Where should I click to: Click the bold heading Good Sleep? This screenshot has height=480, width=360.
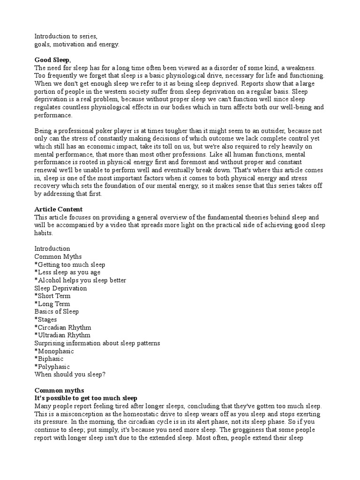tap(52, 60)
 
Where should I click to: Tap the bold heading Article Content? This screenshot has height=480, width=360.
tap(58, 209)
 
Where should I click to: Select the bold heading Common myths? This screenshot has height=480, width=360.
tap(59, 390)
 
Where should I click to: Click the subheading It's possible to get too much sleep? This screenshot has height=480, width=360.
tap(86, 398)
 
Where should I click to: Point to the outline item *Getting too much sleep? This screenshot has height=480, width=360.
tap(70, 264)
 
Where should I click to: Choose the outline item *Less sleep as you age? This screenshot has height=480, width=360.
tap(67, 272)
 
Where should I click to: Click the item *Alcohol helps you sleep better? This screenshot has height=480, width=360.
tap(80, 280)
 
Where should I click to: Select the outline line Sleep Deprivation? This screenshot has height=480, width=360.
tap(60, 288)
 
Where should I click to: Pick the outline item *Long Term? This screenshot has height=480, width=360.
tap(52, 304)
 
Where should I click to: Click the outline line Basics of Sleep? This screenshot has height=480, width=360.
tap(57, 312)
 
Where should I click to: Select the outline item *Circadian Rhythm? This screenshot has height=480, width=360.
tap(63, 328)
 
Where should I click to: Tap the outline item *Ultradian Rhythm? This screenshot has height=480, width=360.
tap(63, 335)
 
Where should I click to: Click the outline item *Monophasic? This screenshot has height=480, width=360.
tap(54, 351)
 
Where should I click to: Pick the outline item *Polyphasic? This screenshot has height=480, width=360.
tap(52, 367)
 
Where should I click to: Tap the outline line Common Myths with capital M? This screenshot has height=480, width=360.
tap(58, 256)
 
